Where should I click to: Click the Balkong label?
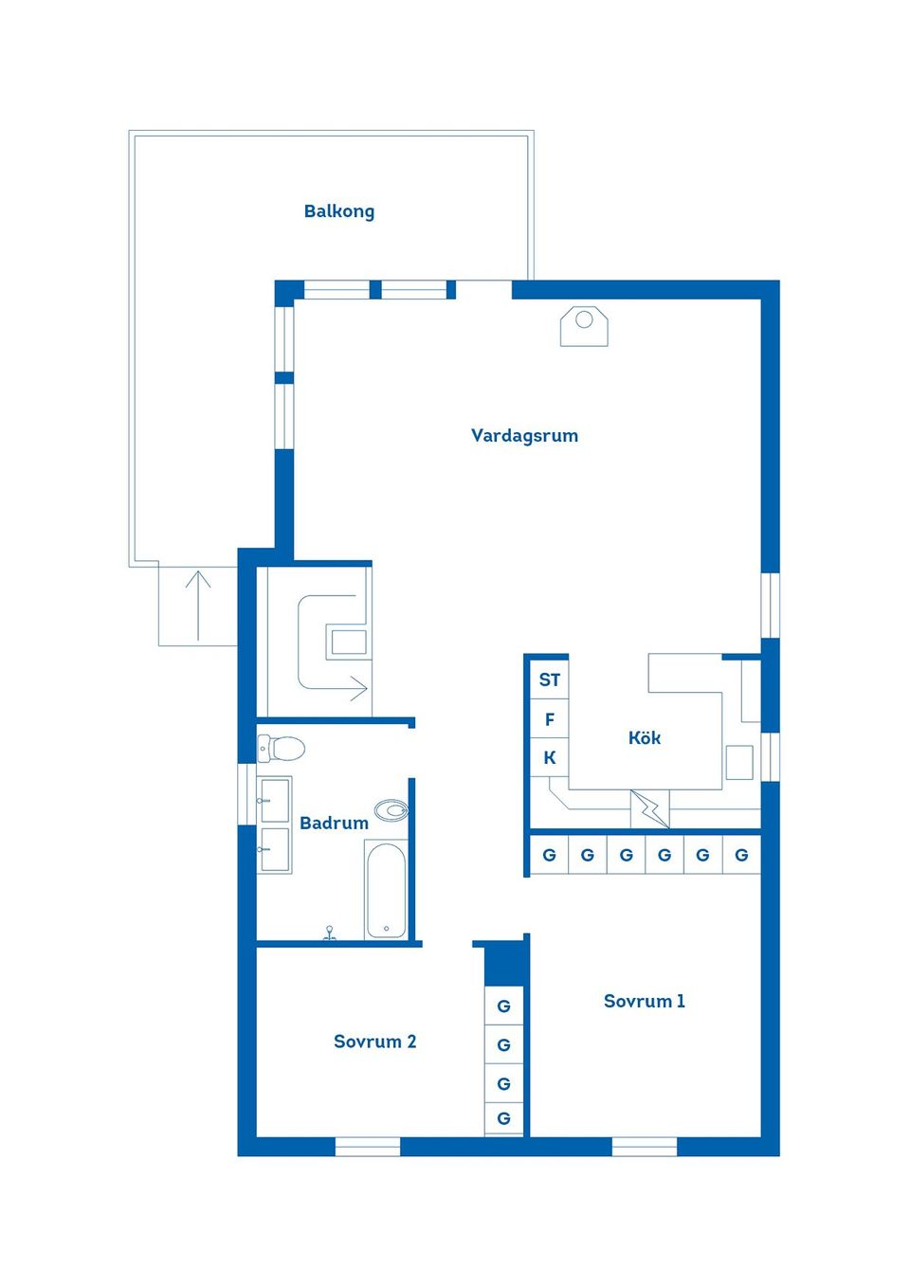pos(338,211)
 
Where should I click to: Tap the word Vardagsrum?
pos(524,436)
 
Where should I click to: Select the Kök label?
pos(645,737)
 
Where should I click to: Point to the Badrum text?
pos(334,823)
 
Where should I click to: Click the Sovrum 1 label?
pos(644,1001)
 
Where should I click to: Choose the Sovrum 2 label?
pos(374,1042)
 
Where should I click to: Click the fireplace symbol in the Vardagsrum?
pos(584,326)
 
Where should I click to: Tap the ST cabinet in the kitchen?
pos(549,680)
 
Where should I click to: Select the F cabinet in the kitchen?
pos(549,719)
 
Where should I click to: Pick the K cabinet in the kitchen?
pos(549,758)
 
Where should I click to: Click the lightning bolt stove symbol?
pos(650,808)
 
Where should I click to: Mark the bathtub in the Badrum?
pos(387,891)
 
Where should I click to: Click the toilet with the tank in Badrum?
pos(282,749)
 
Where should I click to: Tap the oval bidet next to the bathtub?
pos(391,810)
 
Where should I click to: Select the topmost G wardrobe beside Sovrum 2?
pos(503,1006)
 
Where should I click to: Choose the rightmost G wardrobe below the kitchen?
pos(741,855)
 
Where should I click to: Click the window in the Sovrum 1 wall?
pos(645,1147)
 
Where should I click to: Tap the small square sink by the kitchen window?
pos(739,762)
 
